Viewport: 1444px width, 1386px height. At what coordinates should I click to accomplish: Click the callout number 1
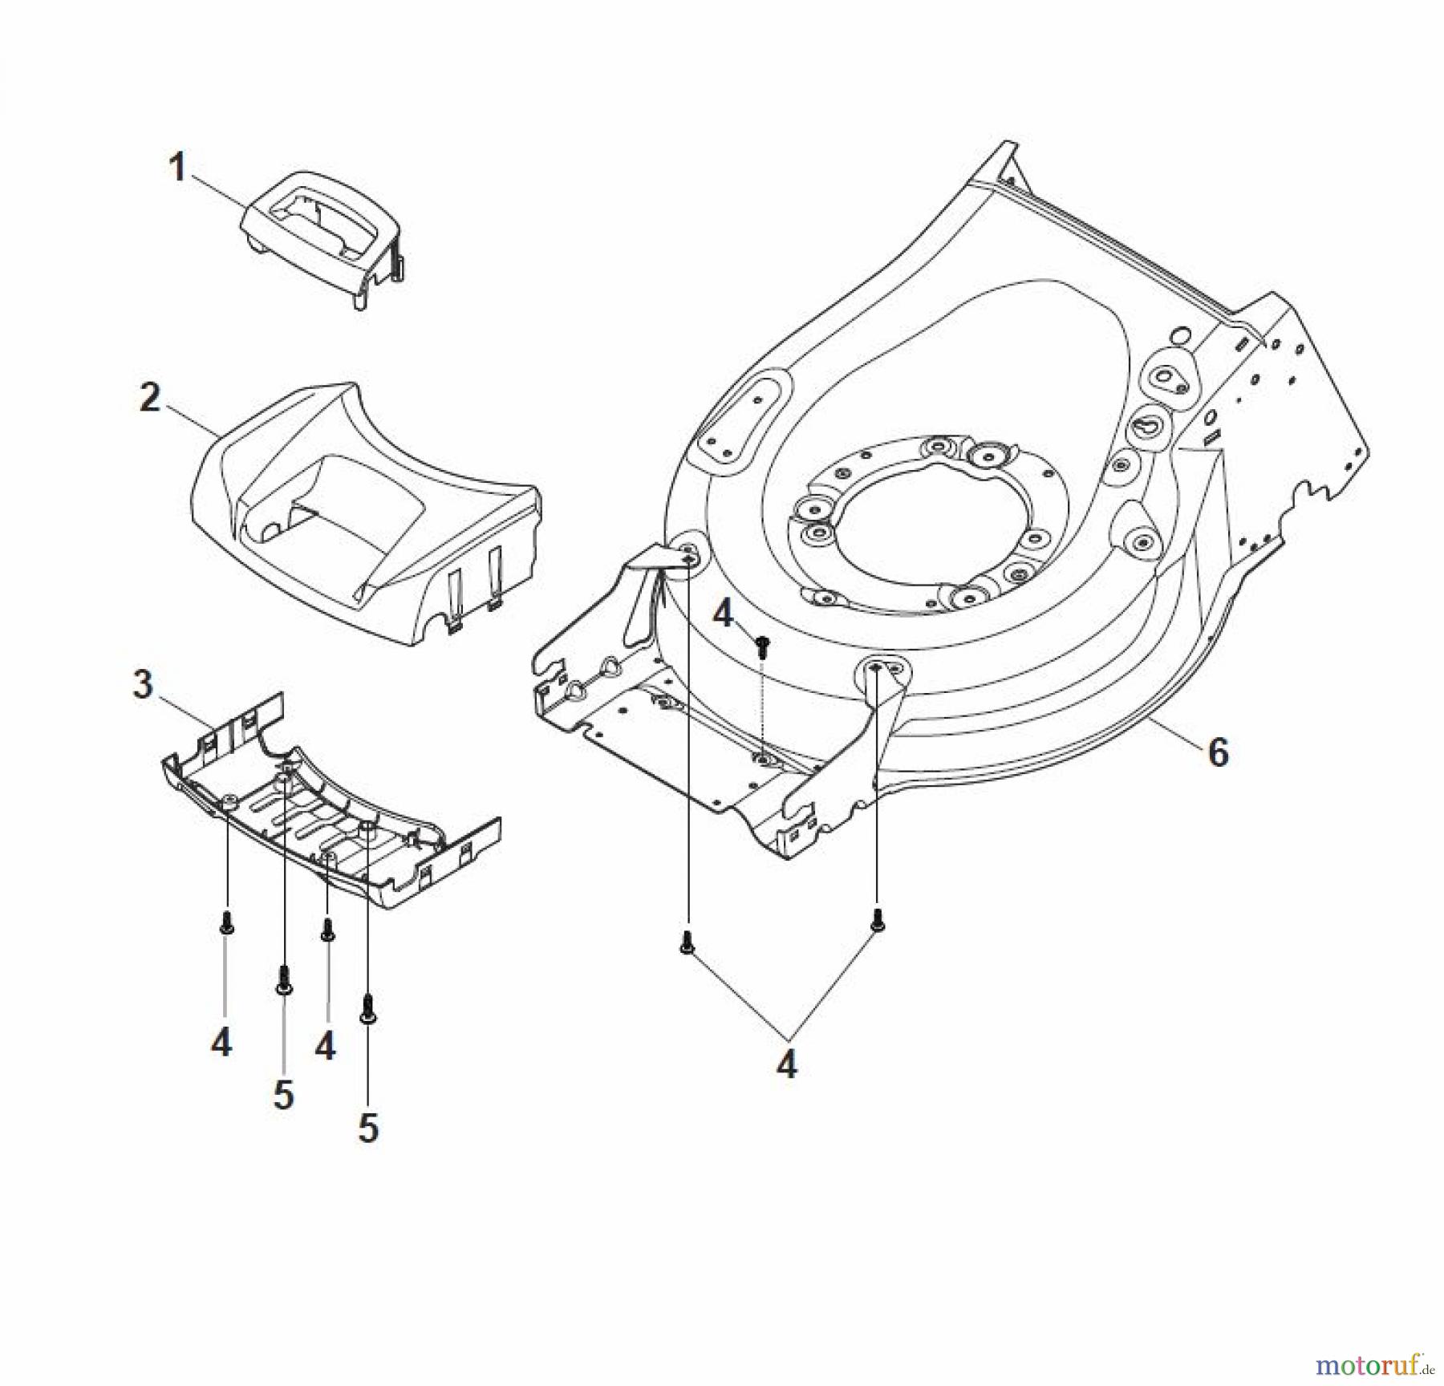177,168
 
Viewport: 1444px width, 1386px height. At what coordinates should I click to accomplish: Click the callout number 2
150,398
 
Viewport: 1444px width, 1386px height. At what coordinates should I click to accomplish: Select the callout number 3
143,685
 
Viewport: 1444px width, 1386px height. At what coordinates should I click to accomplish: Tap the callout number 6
1218,752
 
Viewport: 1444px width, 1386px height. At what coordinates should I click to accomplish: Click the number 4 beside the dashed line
723,615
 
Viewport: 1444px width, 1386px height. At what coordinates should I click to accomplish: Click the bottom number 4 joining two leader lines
787,1065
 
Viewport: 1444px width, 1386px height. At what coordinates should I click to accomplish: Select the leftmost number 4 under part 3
221,1043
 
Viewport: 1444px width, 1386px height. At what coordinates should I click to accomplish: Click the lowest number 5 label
367,1129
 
